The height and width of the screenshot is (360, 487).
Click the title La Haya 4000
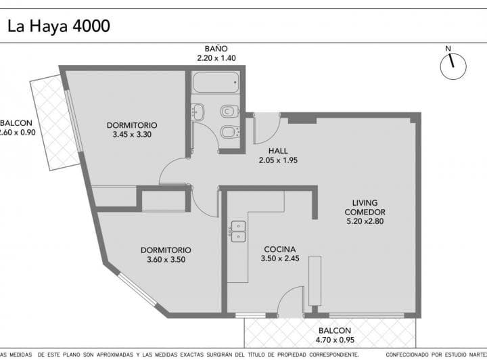pyautogui.click(x=58, y=26)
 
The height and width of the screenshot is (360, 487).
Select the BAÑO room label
pyautogui.click(x=216, y=49)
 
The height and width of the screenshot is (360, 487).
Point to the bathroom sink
pyautogui.click(x=198, y=111)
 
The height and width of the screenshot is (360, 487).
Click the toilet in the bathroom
pyautogui.click(x=229, y=110)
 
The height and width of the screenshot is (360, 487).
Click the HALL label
pyautogui.click(x=278, y=150)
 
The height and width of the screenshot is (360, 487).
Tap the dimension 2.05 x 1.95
pyautogui.click(x=278, y=160)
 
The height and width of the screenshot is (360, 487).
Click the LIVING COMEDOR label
pyautogui.click(x=365, y=207)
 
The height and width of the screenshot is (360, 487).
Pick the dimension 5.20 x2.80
pyautogui.click(x=365, y=221)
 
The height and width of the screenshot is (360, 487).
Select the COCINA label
pyautogui.click(x=280, y=248)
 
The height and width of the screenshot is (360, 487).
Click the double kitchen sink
pyautogui.click(x=237, y=231)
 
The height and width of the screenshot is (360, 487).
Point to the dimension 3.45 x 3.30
pyautogui.click(x=132, y=135)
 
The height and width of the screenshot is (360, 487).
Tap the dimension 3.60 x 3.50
pyautogui.click(x=166, y=259)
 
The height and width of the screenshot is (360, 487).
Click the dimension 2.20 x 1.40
pyautogui.click(x=216, y=59)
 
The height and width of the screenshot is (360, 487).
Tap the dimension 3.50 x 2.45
pyautogui.click(x=280, y=258)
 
